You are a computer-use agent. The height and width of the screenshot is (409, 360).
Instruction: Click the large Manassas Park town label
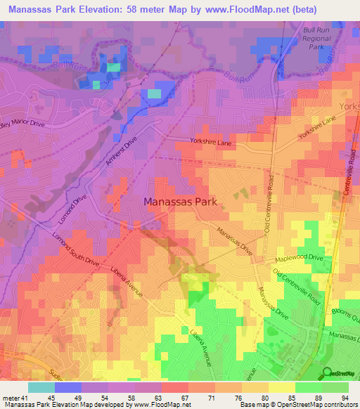coord(183,201)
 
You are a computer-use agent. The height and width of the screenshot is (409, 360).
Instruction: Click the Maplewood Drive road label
coord(301,258)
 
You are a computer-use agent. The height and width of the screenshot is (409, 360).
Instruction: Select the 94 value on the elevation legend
coord(345,397)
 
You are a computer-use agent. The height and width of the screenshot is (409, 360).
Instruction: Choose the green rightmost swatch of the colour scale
coord(335,387)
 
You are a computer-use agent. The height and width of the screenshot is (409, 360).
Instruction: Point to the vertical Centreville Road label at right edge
coord(347,176)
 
